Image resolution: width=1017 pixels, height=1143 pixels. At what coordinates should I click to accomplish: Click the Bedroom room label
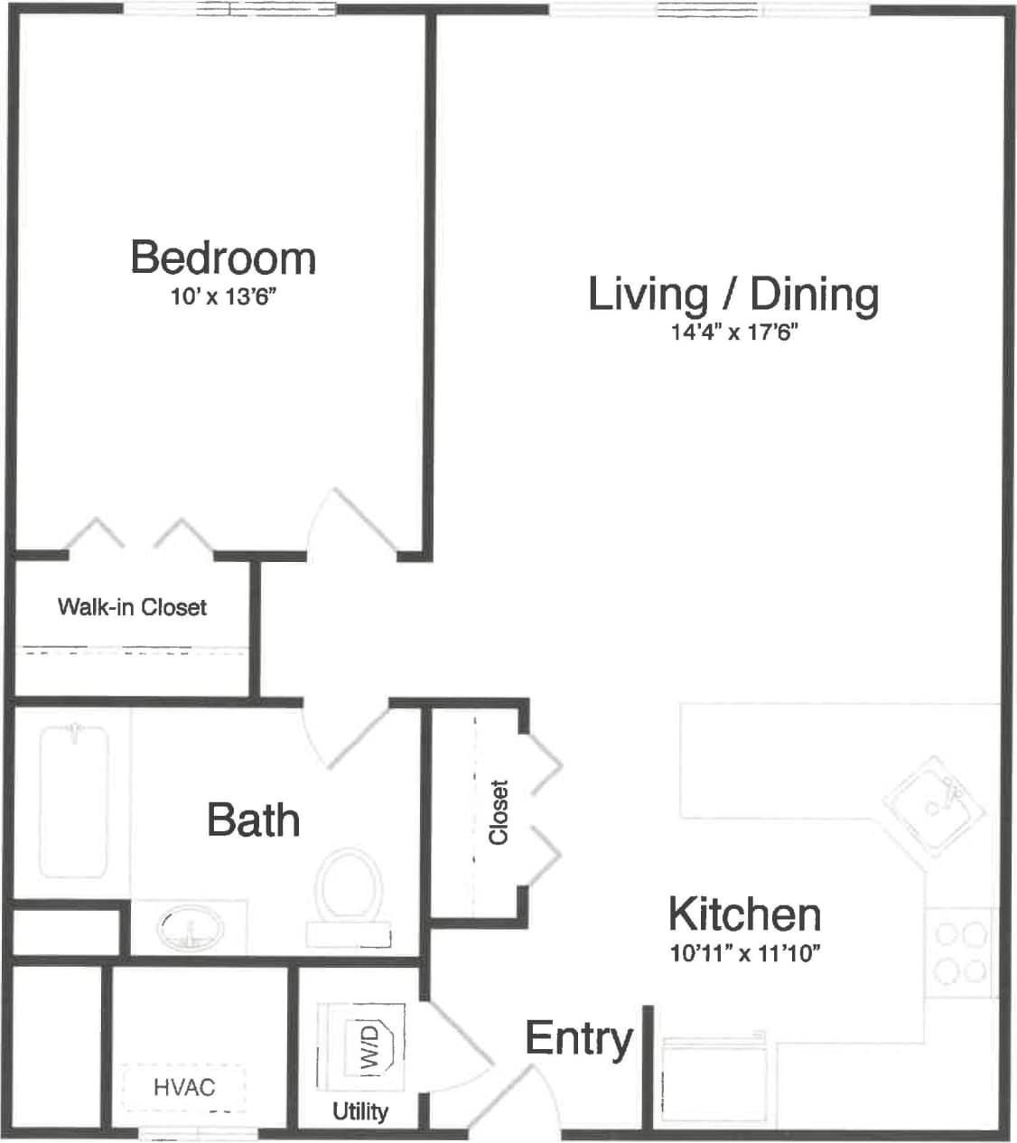223,258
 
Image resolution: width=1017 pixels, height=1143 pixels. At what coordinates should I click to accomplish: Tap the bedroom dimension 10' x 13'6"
222,297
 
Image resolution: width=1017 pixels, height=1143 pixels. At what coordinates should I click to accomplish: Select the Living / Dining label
732,295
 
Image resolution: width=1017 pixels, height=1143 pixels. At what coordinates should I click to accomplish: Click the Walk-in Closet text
132,607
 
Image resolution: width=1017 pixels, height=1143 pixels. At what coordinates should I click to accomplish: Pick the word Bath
253,820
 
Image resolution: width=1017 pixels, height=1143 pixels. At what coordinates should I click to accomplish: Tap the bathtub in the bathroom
73,801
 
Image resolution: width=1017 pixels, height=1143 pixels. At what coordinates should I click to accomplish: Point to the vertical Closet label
499,812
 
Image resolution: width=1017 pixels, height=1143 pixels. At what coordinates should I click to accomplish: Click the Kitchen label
744,914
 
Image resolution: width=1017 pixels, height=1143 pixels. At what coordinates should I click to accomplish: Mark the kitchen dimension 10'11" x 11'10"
744,952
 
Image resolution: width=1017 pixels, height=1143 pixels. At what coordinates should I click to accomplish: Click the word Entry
579,1038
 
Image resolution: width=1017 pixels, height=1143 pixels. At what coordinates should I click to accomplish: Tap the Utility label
360,1110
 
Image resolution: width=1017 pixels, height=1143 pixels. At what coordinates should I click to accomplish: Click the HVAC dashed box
184,1087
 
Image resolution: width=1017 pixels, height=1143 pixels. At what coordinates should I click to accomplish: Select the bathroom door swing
348,736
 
